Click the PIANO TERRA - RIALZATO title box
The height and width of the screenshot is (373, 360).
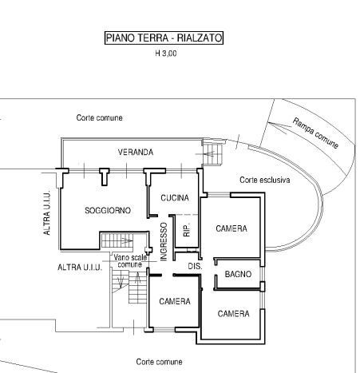pyautogui.click(x=164, y=38)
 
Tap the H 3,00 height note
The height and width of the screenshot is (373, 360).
pyautogui.click(x=166, y=54)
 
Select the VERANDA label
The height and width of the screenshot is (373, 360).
pyautogui.click(x=136, y=152)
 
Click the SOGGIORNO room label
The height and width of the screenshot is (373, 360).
pyautogui.click(x=108, y=210)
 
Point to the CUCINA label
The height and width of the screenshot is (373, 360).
pyautogui.click(x=175, y=198)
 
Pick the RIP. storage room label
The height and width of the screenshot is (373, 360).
pyautogui.click(x=187, y=230)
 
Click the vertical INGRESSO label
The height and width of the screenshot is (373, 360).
pyautogui.click(x=164, y=241)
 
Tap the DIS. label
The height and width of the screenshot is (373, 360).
pyautogui.click(x=195, y=266)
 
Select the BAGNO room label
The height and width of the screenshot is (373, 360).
pyautogui.click(x=238, y=274)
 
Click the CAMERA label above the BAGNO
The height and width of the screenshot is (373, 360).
pyautogui.click(x=231, y=228)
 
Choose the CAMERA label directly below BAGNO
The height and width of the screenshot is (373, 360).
pyautogui.click(x=233, y=314)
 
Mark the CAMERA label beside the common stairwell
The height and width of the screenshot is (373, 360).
pyautogui.click(x=175, y=301)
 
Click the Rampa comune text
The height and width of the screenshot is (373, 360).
pyautogui.click(x=315, y=133)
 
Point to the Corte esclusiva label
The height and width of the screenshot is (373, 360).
pyautogui.click(x=265, y=180)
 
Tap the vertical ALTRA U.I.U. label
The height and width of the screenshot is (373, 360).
pyautogui.click(x=46, y=213)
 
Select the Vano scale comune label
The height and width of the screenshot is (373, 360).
pyautogui.click(x=130, y=261)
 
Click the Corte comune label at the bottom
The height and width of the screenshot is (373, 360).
pyautogui.click(x=159, y=362)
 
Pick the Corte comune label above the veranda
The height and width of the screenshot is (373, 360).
pyautogui.click(x=99, y=117)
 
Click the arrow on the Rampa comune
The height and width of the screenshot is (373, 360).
pyautogui.click(x=277, y=127)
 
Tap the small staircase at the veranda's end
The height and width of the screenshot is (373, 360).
pyautogui.click(x=212, y=155)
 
